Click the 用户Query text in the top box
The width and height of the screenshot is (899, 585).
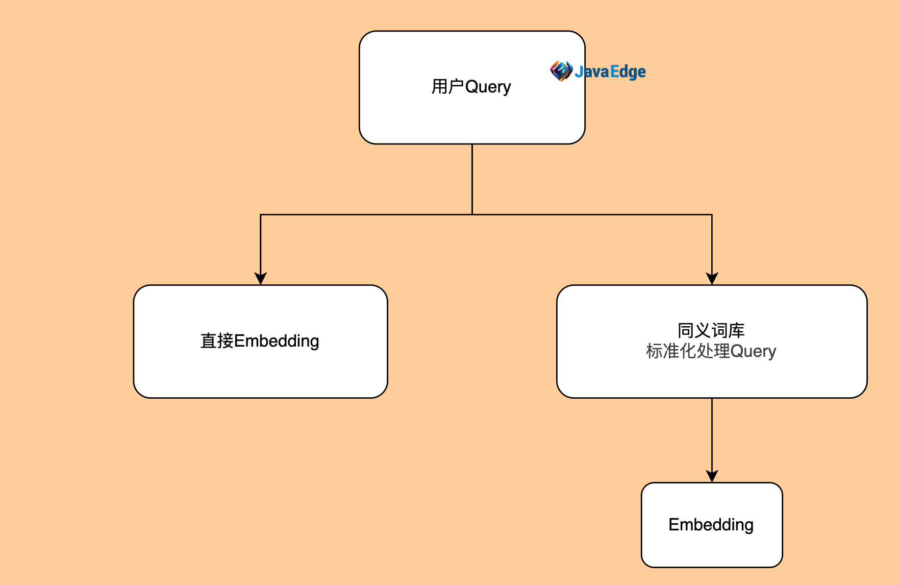(x=471, y=87)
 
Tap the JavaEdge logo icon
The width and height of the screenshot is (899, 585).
(x=561, y=71)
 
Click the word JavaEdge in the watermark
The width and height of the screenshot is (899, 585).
(x=610, y=71)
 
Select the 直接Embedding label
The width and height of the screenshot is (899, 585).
(x=260, y=341)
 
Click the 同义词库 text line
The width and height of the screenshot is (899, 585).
(x=711, y=331)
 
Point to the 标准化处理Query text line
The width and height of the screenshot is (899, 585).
(x=711, y=351)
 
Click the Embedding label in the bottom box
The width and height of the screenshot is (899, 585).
(x=711, y=525)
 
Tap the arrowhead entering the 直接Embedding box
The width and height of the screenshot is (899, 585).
(x=261, y=278)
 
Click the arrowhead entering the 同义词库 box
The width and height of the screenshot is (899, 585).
(x=712, y=278)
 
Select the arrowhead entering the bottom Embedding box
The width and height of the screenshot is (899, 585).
(x=712, y=476)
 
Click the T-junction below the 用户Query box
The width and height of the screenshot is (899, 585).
(x=472, y=214)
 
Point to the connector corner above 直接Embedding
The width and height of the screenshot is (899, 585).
(x=261, y=214)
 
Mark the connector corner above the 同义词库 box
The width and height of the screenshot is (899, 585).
(x=712, y=214)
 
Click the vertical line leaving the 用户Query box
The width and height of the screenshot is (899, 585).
(x=472, y=179)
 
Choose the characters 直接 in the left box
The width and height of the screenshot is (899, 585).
(x=217, y=341)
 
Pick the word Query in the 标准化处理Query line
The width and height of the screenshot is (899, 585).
(x=753, y=351)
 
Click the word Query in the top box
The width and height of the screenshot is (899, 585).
(x=488, y=87)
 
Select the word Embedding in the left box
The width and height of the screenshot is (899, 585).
(x=277, y=341)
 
